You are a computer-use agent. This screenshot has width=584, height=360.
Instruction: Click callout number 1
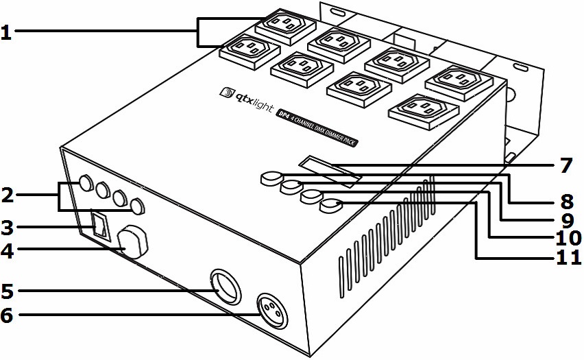[x=6, y=33]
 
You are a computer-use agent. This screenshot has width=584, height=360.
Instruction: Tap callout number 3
[x=7, y=226]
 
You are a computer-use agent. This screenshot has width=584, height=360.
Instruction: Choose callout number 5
[x=7, y=291]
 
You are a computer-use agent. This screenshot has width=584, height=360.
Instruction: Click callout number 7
[x=565, y=165]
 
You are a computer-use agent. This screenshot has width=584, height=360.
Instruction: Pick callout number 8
[x=565, y=203]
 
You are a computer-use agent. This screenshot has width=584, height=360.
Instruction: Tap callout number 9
[x=565, y=221]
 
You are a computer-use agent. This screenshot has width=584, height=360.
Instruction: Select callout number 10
[x=568, y=238]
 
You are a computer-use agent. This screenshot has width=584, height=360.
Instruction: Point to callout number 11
[x=568, y=258]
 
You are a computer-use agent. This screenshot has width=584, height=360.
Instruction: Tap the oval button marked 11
[x=332, y=204]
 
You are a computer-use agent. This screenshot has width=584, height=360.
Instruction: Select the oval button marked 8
[x=271, y=178]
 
